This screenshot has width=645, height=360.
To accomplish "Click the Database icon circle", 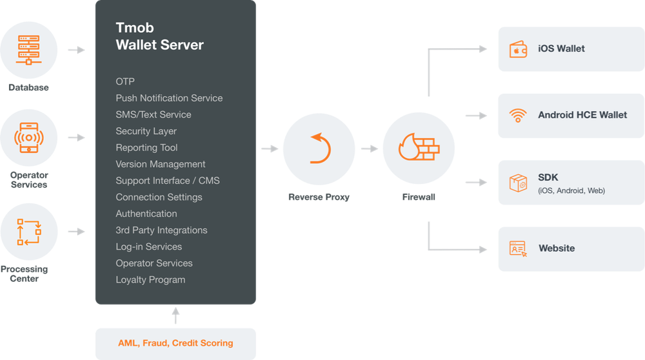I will (28, 50).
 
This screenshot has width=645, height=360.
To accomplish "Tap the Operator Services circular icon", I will (28, 137).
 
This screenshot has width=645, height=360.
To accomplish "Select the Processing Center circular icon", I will (28, 232).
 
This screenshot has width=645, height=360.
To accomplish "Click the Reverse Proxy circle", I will (319, 149).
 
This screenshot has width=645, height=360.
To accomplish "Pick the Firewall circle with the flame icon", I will (419, 149).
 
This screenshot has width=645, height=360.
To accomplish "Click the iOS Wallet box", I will (570, 49).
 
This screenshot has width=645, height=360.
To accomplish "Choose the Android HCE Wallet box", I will (570, 115).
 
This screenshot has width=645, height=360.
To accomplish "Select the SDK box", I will (570, 183).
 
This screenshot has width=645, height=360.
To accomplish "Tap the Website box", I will (570, 248).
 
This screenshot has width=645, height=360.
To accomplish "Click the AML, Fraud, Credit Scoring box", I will (175, 343).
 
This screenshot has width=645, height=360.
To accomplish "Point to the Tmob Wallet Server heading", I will (159, 36).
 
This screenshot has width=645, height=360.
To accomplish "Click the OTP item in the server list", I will (125, 81).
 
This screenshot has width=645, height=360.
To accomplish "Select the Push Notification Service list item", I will (169, 98).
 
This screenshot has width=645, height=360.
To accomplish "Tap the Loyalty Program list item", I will (150, 280).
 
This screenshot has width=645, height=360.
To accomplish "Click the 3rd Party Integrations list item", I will (161, 230).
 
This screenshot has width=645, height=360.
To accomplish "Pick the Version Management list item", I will (161, 164).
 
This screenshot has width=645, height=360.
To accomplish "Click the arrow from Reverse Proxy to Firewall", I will (369, 149).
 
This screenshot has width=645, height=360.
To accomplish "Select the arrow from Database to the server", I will (77, 50).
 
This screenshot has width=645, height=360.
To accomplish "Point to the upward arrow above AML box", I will (175, 315).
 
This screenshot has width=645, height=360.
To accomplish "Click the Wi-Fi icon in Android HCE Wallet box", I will (517, 116).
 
